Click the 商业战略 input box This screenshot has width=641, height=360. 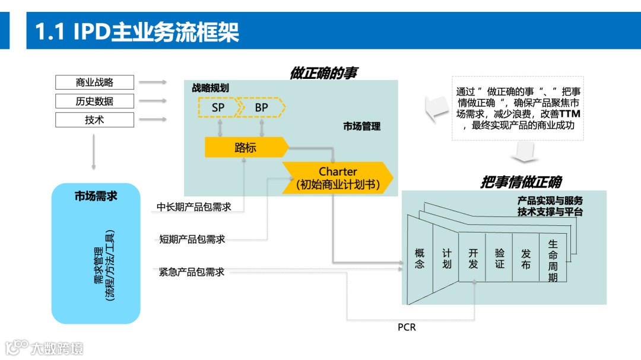click(x=94, y=82)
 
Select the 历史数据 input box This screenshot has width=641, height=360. click(x=94, y=101)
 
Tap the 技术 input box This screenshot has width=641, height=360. click(x=94, y=120)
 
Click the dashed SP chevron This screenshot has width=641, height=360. click(x=218, y=108)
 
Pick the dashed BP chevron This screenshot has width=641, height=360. click(x=262, y=108)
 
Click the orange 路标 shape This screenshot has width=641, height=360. click(x=245, y=148)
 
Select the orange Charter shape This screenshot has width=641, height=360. click(x=337, y=178)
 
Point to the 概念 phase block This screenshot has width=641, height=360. click(x=420, y=259)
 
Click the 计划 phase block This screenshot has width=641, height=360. click(x=446, y=259)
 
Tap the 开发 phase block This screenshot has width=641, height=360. click(x=473, y=259)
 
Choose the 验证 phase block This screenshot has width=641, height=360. click(x=500, y=259)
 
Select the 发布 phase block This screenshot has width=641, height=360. click(x=526, y=259)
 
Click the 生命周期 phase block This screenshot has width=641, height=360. click(x=553, y=260)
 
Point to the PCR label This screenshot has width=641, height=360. click(x=407, y=327)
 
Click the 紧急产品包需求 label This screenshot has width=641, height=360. click(x=192, y=272)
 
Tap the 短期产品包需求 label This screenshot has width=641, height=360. click(x=192, y=240)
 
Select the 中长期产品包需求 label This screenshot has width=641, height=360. click(x=194, y=207)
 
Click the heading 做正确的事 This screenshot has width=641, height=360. click(x=323, y=72)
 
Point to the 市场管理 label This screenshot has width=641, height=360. click(x=361, y=126)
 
